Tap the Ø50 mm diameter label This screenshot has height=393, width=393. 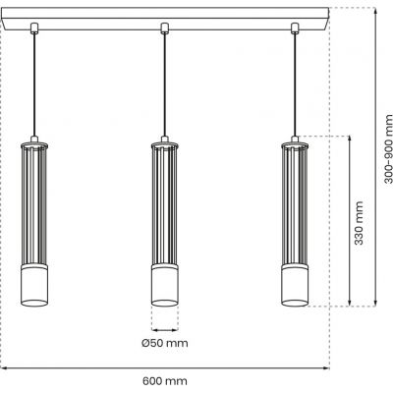point(164,343)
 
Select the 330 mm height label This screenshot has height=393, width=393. point(359,224)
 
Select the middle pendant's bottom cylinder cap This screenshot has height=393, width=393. point(165,285)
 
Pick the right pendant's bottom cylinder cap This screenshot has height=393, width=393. point(295,285)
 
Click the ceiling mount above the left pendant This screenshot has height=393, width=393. point(35,28)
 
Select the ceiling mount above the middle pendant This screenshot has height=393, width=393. point(165,28)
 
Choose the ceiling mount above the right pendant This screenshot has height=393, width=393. point(295,28)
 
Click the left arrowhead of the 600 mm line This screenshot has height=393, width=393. point(4,368)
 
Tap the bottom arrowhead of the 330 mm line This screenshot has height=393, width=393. point(351,301)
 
